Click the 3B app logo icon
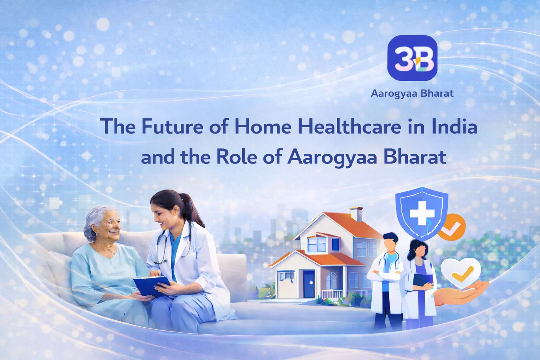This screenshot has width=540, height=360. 412,58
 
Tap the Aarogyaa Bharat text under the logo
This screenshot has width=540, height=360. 412,93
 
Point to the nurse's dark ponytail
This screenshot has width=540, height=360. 193,212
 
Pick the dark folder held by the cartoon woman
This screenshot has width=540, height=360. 422,280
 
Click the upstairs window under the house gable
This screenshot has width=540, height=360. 316,244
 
